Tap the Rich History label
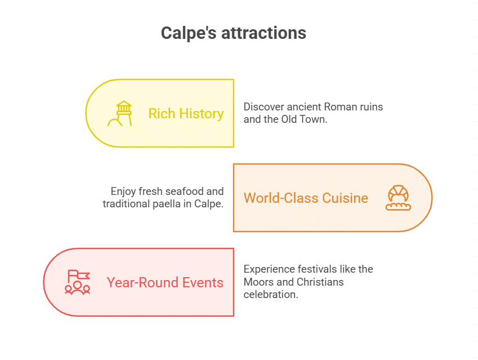pos(186,114)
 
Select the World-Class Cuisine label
pos(306,198)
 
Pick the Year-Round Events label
pos(165,283)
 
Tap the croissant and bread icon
pos(398,198)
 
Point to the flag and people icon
pos(78,282)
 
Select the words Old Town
pos(303,119)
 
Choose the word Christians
pos(319,282)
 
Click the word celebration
pos(270,294)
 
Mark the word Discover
pos(263,106)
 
